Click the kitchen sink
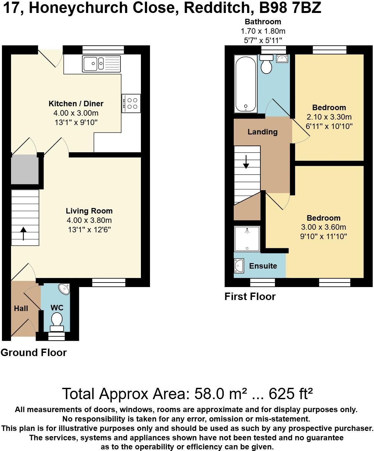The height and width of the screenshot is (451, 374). pyautogui.click(x=101, y=64)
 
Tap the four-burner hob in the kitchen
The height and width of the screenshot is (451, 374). pyautogui.click(x=131, y=103)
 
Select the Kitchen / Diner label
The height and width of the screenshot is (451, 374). pyautogui.click(x=76, y=104)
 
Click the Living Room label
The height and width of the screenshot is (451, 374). pyautogui.click(x=89, y=211)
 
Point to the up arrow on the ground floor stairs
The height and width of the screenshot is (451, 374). pyautogui.click(x=23, y=233)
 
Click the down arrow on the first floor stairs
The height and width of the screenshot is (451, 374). pyautogui.click(x=246, y=162)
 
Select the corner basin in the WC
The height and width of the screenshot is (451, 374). pyautogui.click(x=64, y=289)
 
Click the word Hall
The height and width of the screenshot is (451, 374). pyautogui.click(x=21, y=308)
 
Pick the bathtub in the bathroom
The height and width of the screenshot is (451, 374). pyautogui.click(x=246, y=84)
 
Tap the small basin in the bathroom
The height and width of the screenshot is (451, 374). pyautogui.click(x=281, y=59)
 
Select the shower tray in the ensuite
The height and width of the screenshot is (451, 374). pyautogui.click(x=247, y=239)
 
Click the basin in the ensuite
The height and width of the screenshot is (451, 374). pyautogui.click(x=239, y=266)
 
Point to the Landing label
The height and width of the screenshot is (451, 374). pyautogui.click(x=262, y=132)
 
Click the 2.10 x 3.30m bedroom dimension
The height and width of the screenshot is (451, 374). pyautogui.click(x=329, y=117)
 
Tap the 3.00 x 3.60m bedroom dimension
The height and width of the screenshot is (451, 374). pyautogui.click(x=323, y=227)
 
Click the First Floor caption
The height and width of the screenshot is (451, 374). pyautogui.click(x=250, y=296)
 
